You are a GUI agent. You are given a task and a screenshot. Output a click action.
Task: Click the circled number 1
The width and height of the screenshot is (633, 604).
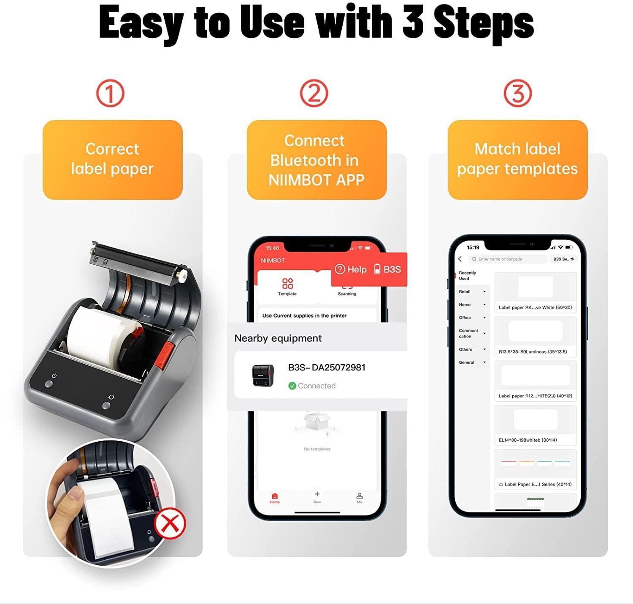point(110,94)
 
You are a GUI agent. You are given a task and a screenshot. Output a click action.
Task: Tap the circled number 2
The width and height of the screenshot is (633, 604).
point(314,94)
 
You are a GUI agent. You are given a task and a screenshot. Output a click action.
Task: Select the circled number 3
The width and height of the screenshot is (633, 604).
point(517,94)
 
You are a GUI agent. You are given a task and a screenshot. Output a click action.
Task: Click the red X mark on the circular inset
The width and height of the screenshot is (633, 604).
point(170,523)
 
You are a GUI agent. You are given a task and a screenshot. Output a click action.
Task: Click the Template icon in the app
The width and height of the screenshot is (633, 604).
point(287,286)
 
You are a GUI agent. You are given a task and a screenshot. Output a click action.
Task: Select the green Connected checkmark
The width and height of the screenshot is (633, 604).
point(292,386)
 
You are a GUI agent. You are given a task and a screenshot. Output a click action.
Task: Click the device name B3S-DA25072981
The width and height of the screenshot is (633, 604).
point(327,368)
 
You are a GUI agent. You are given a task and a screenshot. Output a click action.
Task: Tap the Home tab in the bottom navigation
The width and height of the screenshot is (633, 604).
point(275,498)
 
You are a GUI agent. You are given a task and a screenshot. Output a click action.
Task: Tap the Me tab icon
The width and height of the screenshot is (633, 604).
point(360,497)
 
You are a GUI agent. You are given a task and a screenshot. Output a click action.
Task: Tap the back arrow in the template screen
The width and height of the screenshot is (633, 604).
point(460,259)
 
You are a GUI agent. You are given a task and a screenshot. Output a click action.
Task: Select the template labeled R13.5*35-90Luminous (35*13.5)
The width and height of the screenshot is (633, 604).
point(535,337)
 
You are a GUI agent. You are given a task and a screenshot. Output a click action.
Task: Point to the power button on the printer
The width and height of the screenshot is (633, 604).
point(49,384)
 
